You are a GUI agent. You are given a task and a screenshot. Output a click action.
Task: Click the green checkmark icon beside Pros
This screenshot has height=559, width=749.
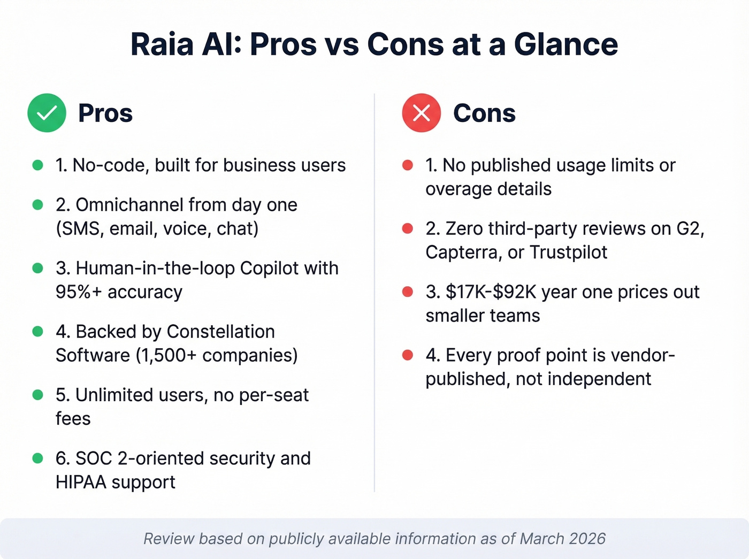click(x=47, y=113)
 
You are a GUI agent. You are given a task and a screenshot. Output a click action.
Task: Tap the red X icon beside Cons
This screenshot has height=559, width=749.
click(x=422, y=113)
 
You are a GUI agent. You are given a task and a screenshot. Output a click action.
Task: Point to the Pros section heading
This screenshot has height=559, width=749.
click(x=105, y=113)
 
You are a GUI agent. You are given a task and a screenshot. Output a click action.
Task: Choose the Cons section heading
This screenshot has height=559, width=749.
click(x=484, y=113)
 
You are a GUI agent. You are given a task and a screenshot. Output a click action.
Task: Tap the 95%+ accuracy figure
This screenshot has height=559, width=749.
click(x=119, y=292)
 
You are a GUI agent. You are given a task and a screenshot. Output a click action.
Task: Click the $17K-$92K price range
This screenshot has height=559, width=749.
click(x=491, y=292)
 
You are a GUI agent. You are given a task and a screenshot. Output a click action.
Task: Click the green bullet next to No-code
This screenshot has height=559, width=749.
click(x=37, y=165)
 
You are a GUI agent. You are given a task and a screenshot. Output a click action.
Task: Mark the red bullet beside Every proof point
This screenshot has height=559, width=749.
click(x=408, y=355)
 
